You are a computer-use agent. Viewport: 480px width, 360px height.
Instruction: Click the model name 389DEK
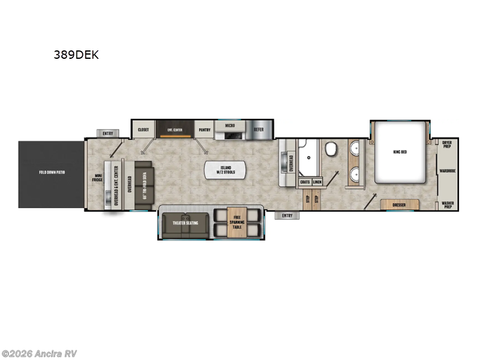tap(77, 55)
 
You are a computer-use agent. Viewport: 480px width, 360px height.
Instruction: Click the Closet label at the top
tap(143, 129)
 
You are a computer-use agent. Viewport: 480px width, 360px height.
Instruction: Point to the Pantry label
tap(205, 129)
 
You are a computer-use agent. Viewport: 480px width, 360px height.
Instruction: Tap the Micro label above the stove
tap(229, 127)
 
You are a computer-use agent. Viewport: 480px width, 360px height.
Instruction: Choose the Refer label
tap(259, 129)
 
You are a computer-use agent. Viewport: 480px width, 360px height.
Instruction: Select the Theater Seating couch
tap(185, 223)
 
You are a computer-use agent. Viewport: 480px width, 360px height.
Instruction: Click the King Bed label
tap(400, 152)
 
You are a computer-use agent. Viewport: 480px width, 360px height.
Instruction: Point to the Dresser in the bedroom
tap(398, 205)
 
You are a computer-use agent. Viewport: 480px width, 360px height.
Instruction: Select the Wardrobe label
tap(447, 170)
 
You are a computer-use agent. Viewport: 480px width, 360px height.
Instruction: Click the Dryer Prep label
tap(447, 144)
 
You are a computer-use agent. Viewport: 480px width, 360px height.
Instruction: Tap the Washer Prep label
tap(447, 204)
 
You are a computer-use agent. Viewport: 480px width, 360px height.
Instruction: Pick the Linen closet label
tap(317, 181)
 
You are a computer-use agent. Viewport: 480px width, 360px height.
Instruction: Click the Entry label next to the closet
tap(108, 133)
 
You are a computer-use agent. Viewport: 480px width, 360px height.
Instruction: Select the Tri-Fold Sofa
tap(144, 182)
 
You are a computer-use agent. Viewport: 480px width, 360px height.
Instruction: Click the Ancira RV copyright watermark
tap(40, 353)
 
